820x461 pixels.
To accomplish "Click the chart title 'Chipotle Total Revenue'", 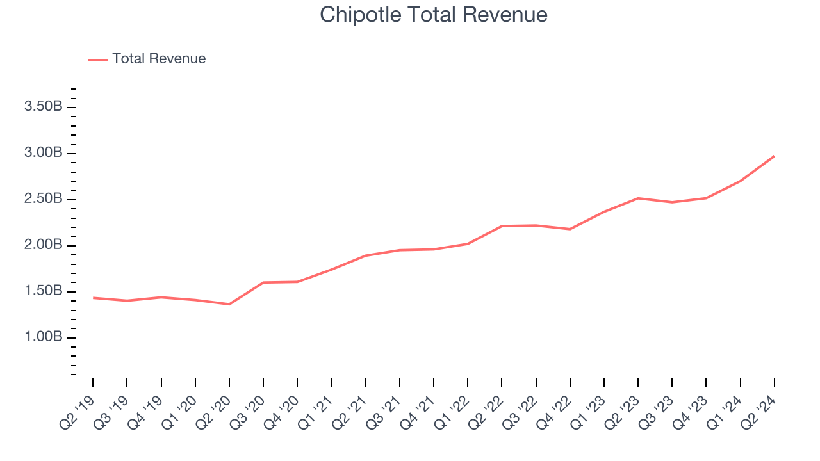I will pos(434,15).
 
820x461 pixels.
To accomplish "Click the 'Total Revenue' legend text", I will pos(159,59).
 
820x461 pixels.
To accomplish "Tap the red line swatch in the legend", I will pos(98,60).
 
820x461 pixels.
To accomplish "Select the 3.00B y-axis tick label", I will pos(43,153).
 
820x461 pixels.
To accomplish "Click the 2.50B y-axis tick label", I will pos(43,199).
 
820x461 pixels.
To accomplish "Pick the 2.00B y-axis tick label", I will pos(43,245).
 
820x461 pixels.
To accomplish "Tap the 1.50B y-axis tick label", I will pos(43,291).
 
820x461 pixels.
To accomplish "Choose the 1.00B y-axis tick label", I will pos(43,337).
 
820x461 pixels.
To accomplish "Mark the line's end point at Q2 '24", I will pos(774,156).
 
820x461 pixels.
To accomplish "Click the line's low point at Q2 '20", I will pos(229,304).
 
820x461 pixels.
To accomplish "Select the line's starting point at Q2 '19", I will pos(93,298).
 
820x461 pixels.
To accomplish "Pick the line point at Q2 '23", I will pos(638,198).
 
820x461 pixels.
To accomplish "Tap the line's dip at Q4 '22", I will pos(570,229).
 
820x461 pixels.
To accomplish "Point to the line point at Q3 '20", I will pos(263,282).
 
